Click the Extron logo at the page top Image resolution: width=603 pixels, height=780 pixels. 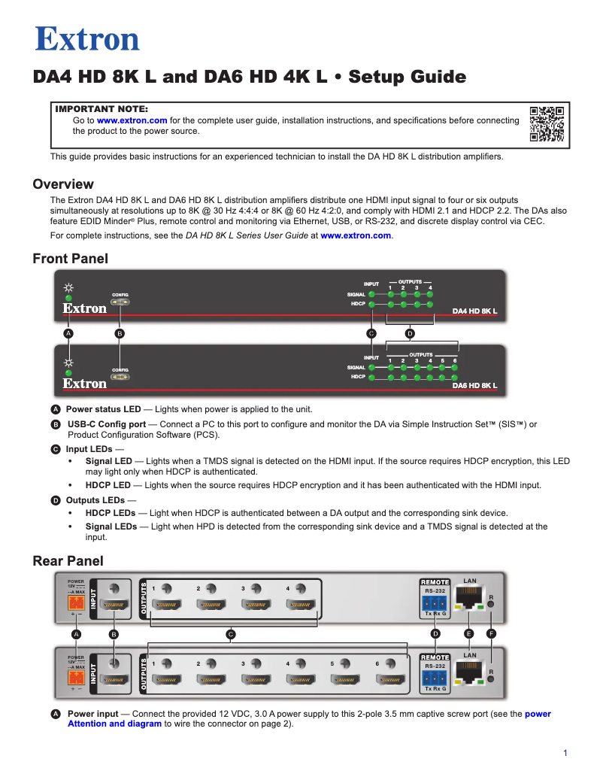[x=87, y=39]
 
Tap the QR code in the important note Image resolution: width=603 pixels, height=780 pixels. [x=547, y=124]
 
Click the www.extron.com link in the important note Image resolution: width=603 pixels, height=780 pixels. [x=132, y=120]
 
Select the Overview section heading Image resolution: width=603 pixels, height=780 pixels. [x=63, y=184]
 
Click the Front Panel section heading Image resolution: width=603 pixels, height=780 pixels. [x=70, y=259]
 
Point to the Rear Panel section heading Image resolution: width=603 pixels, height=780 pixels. [x=68, y=561]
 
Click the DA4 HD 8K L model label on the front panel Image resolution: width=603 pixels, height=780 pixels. [x=474, y=311]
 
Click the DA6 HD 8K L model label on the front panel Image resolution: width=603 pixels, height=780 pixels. [x=474, y=385]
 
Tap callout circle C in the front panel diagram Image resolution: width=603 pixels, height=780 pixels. [x=371, y=332]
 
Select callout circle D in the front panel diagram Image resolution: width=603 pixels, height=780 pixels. [x=410, y=332]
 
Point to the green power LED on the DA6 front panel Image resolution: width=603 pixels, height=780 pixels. [x=68, y=372]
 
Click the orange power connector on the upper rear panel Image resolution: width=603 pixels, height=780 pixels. [x=76, y=602]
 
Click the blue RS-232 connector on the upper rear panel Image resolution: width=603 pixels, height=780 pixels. [x=435, y=604]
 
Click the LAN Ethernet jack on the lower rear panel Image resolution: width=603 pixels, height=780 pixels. [x=470, y=675]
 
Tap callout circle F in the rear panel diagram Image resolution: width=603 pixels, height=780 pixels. [x=491, y=634]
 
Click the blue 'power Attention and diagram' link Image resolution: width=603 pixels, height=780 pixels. [x=114, y=724]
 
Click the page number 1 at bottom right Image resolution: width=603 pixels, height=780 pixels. [x=565, y=753]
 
